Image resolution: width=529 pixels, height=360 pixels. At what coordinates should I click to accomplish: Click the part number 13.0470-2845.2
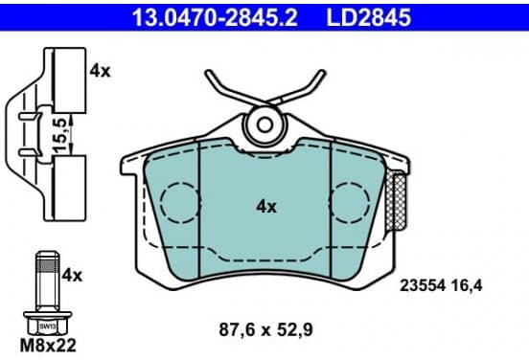click(215, 17)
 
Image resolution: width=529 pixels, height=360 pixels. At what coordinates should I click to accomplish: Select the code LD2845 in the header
click(368, 17)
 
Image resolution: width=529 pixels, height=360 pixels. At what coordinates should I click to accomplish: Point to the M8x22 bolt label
click(48, 346)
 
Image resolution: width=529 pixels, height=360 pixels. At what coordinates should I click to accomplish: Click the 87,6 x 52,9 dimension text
click(265, 329)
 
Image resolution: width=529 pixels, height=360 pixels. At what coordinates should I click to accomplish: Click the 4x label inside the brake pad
click(266, 206)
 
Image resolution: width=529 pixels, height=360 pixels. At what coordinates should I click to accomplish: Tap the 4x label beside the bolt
click(72, 276)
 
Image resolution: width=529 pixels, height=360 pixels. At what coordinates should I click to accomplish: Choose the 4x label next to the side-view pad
click(100, 71)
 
